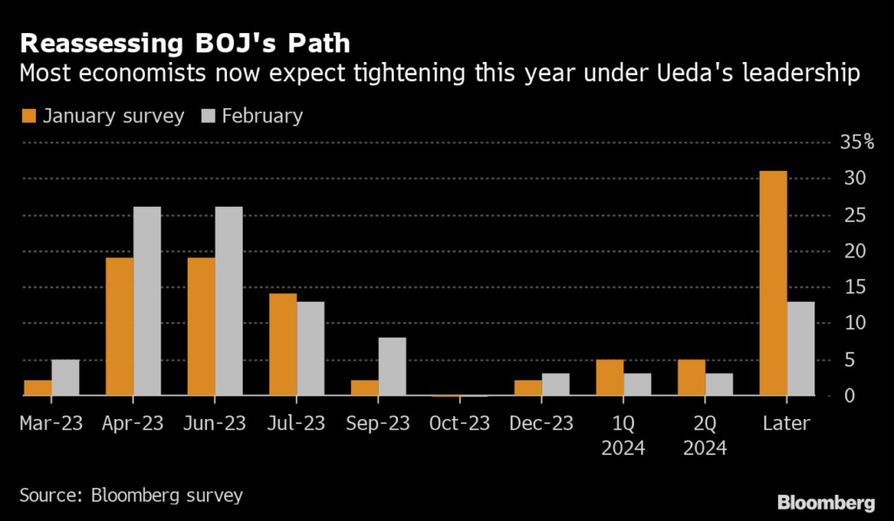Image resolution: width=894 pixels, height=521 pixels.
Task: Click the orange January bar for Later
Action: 773,284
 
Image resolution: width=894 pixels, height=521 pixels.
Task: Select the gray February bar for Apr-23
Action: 147,301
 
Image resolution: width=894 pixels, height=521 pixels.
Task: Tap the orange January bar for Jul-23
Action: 283,345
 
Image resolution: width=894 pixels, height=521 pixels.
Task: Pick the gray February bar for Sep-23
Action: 392,367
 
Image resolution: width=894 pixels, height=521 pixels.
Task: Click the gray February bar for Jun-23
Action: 229,301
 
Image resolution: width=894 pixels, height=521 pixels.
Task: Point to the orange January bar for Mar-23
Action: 38,388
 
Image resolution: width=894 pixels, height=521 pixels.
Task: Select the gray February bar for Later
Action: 801,349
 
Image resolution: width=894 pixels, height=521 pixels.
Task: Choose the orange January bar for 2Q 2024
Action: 691,378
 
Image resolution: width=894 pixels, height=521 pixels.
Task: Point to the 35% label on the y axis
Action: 856,142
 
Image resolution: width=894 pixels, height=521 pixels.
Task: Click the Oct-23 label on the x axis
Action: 460,424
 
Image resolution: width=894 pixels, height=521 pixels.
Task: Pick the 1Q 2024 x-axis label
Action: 623,436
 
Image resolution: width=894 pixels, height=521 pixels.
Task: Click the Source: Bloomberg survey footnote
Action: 131,496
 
